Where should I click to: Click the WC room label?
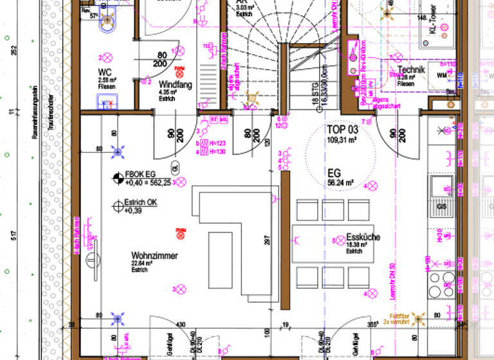pos(105,72)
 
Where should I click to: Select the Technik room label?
pos(412,69)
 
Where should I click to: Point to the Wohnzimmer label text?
pos(154,255)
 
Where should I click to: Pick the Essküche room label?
pos(363,237)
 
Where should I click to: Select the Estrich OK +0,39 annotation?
pos(141,206)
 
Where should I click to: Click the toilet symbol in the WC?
pos(106,22)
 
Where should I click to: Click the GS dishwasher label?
pos(441,207)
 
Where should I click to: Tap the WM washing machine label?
pos(441,76)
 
